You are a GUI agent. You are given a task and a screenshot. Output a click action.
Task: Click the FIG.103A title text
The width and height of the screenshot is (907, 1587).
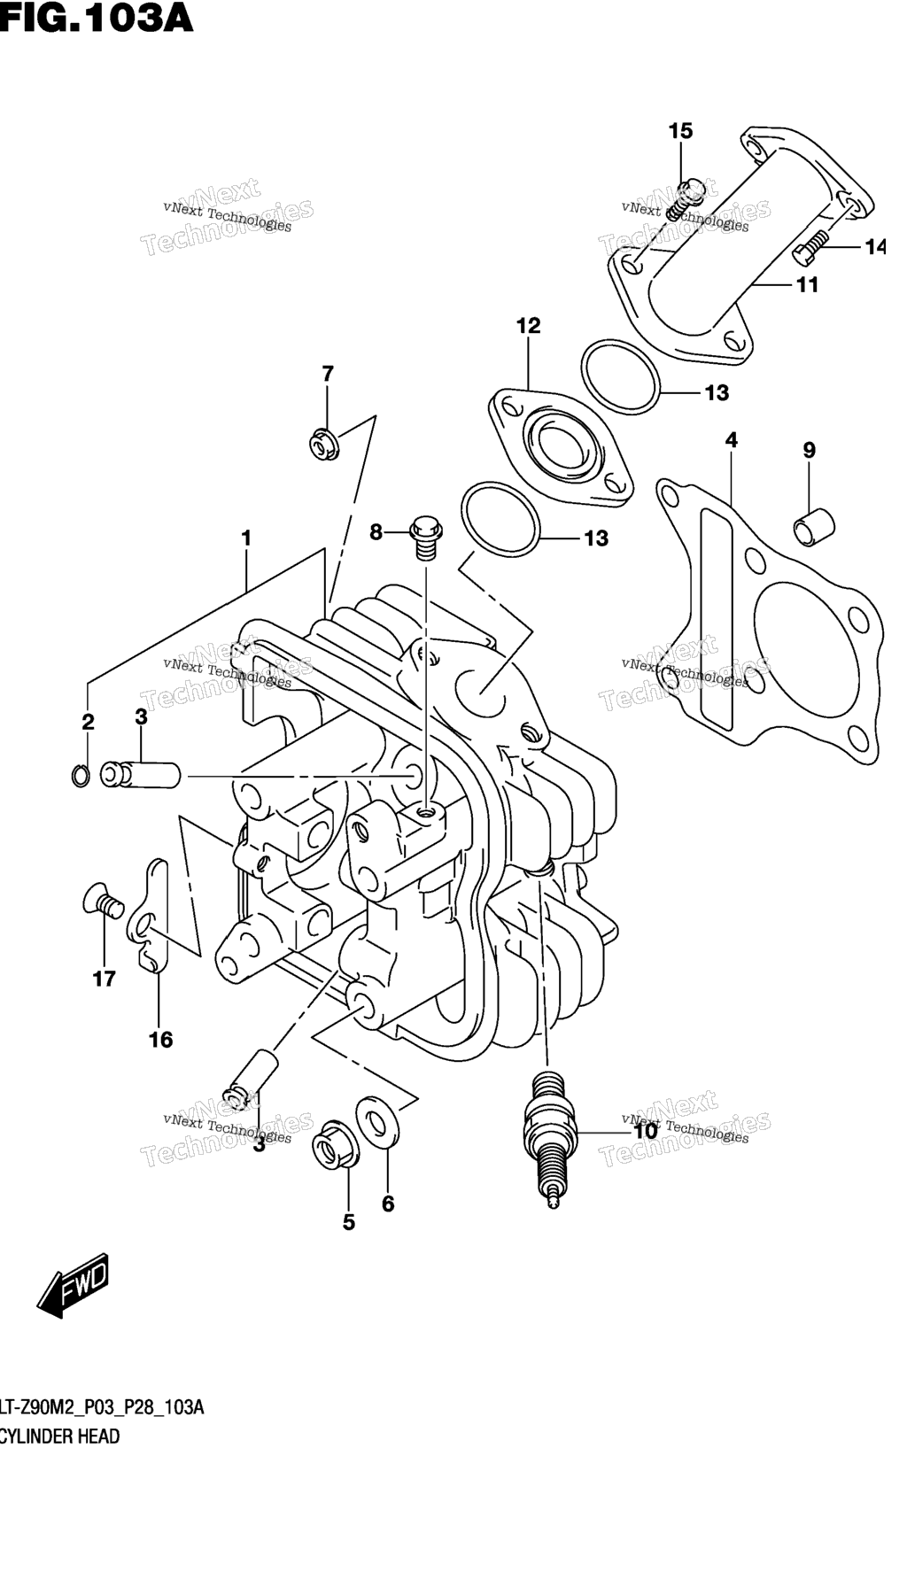(96, 17)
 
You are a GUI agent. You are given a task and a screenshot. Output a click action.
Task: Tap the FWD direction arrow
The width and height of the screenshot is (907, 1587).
(73, 1283)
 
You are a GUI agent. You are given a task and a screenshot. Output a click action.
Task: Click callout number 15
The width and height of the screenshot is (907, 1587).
(680, 131)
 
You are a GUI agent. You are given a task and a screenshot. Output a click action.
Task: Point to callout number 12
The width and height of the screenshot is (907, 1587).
(528, 326)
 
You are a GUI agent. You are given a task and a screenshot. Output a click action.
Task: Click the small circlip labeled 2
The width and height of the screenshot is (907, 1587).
(80, 776)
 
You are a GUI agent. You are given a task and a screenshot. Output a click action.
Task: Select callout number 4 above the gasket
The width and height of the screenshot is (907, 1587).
(731, 440)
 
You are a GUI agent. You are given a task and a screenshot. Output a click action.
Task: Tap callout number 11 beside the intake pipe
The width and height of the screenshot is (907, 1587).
(807, 285)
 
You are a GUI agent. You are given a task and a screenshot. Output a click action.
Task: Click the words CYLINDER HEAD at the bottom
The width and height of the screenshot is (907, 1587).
(60, 1436)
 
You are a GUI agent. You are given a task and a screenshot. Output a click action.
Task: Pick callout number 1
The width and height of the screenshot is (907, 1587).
(246, 538)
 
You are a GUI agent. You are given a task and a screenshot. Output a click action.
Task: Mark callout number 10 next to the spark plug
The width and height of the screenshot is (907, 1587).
(645, 1131)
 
